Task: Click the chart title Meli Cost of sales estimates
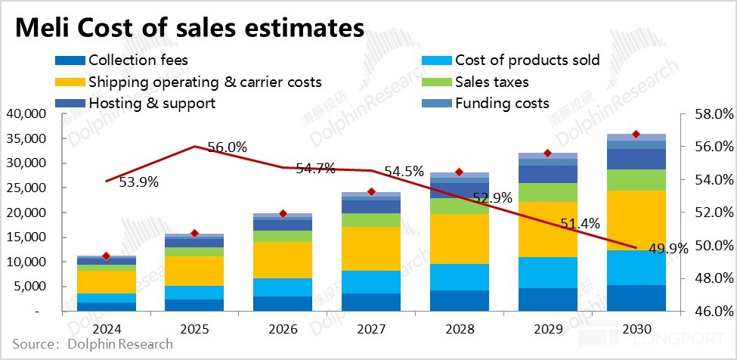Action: click(190, 28)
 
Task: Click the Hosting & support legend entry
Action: click(152, 103)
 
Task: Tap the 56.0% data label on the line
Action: click(227, 148)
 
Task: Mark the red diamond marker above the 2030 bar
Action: click(636, 134)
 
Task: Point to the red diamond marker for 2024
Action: click(106, 256)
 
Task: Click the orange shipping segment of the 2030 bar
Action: click(636, 220)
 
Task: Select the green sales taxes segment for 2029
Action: click(547, 192)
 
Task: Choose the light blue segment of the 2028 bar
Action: click(459, 277)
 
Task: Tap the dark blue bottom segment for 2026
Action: click(282, 303)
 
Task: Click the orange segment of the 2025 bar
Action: click(194, 271)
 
